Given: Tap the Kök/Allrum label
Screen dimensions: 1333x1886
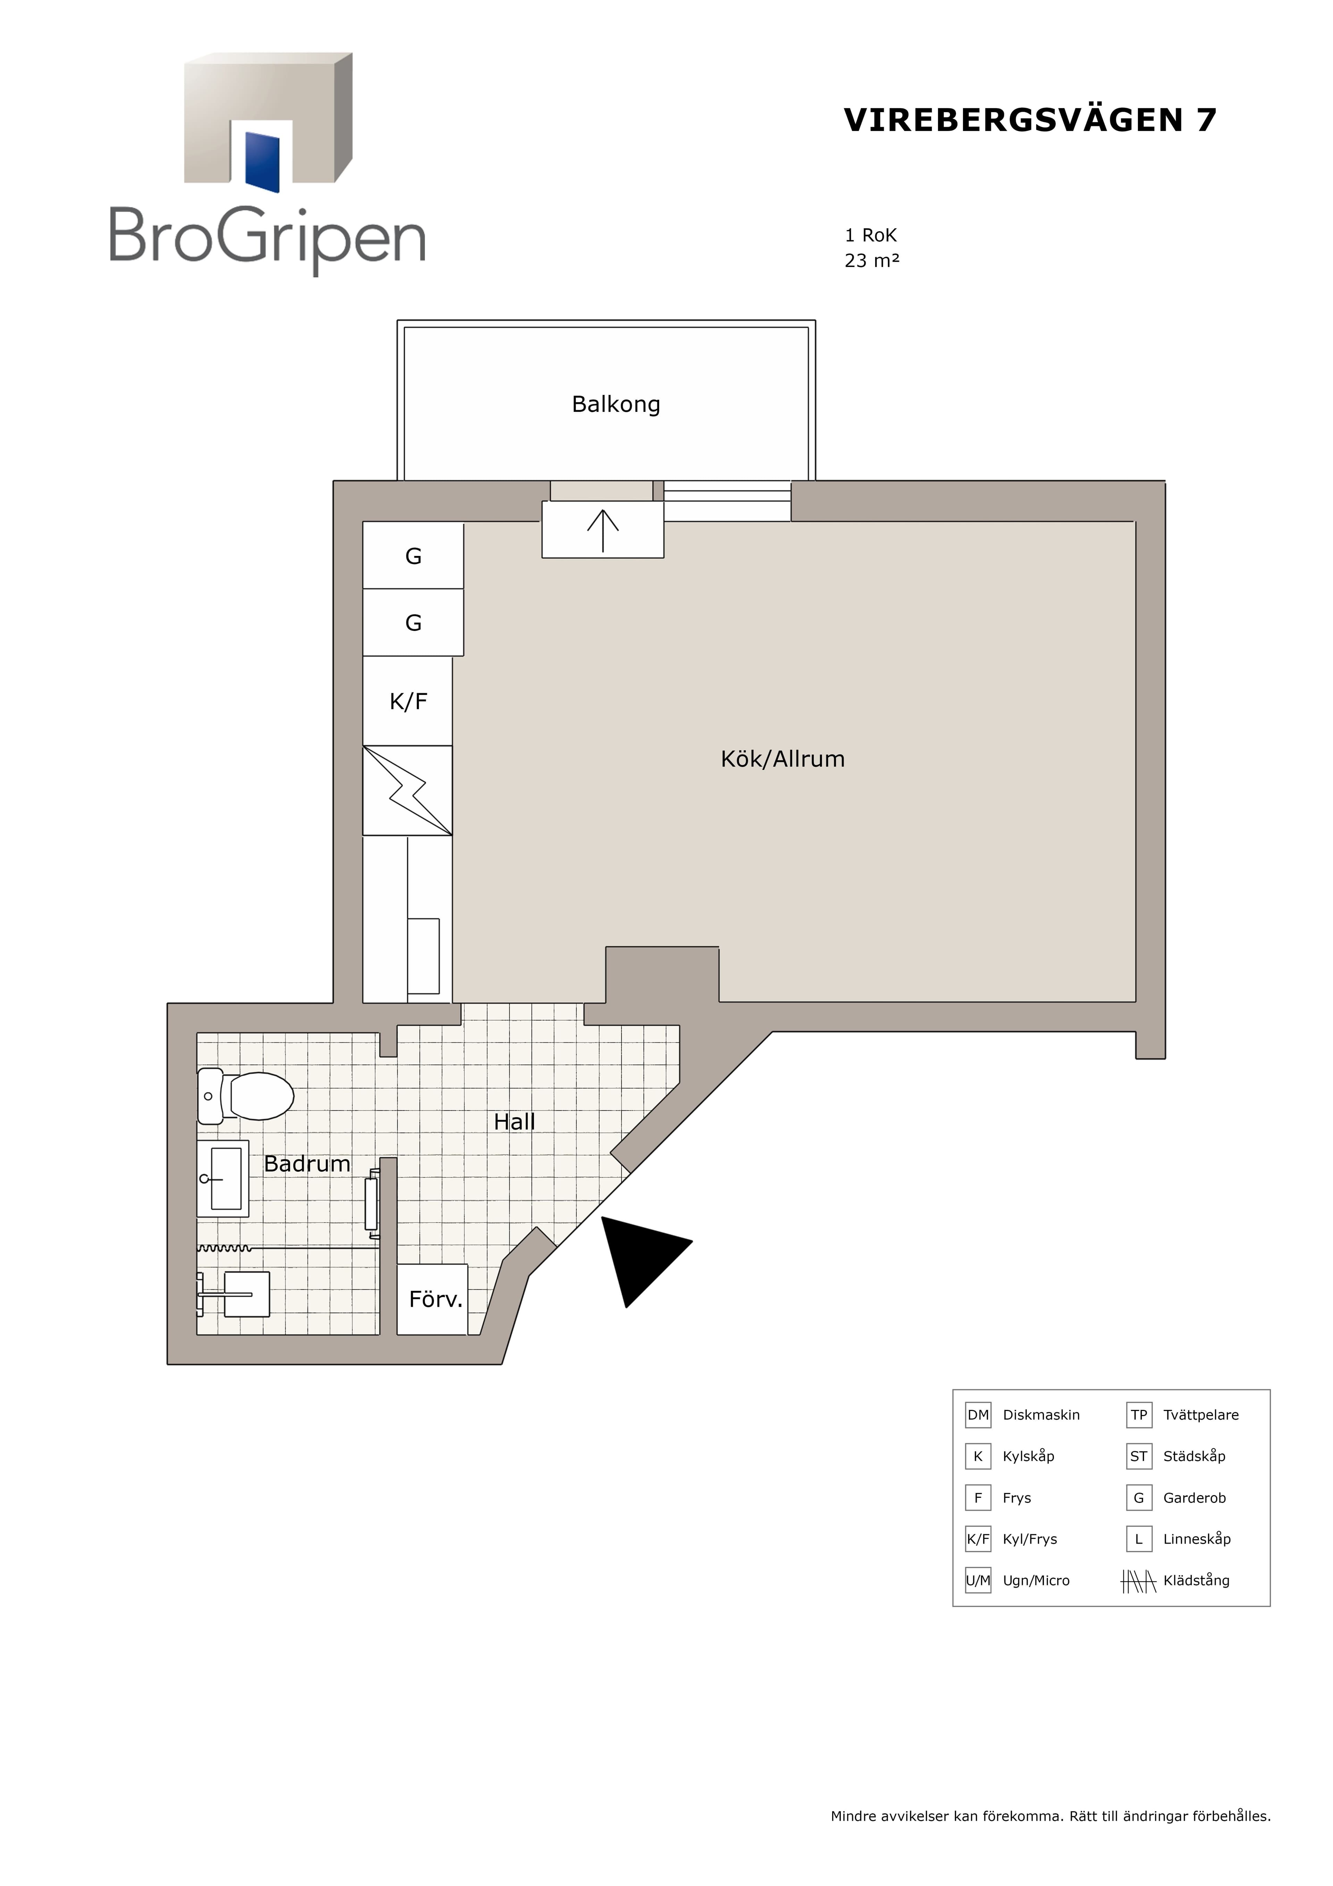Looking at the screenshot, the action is coord(783,759).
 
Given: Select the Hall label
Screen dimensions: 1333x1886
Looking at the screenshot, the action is coord(514,1122).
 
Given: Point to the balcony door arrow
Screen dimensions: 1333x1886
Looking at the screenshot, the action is coord(603,531).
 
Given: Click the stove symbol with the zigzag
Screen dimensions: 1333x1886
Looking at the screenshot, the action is coord(408,790).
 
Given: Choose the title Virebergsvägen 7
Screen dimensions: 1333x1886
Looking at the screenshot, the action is coord(1030,120).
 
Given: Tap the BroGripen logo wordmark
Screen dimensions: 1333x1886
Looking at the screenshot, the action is coord(268,238).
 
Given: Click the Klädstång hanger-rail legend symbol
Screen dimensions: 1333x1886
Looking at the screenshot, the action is coord(1138,1580).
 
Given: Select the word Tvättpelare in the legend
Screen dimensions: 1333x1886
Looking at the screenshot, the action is coord(1201,1414).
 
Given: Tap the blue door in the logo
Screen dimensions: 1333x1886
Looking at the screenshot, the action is coord(263,161).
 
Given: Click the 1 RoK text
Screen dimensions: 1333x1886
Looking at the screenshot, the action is coord(871,236).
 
